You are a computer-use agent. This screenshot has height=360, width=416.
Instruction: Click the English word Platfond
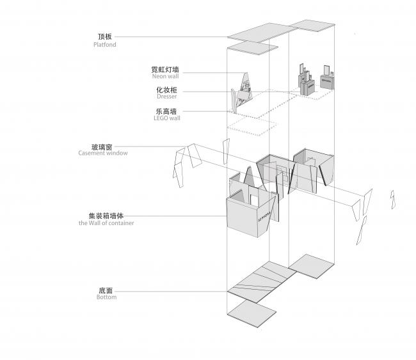click(104, 45)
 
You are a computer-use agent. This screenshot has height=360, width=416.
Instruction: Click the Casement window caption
click(103, 153)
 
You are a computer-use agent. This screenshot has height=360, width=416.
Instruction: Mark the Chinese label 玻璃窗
click(103, 145)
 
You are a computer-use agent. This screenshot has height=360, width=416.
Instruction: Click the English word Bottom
click(106, 297)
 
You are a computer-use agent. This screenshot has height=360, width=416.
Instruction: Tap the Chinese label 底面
click(106, 289)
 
